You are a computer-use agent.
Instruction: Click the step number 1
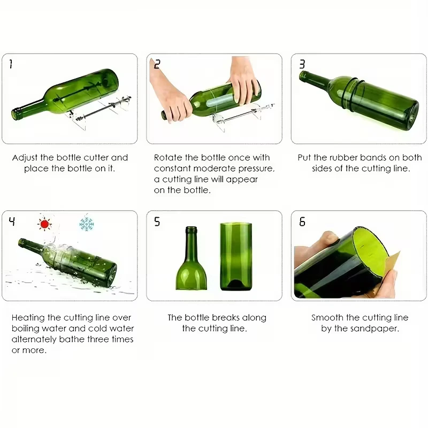tap(11, 65)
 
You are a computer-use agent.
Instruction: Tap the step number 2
tap(157, 65)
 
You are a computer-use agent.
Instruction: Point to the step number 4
tap(12, 221)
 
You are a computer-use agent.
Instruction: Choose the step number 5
tap(157, 221)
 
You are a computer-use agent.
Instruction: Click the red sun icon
tap(45, 223)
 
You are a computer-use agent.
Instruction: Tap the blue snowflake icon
tap(86, 223)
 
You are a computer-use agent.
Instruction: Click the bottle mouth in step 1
tap(14, 113)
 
